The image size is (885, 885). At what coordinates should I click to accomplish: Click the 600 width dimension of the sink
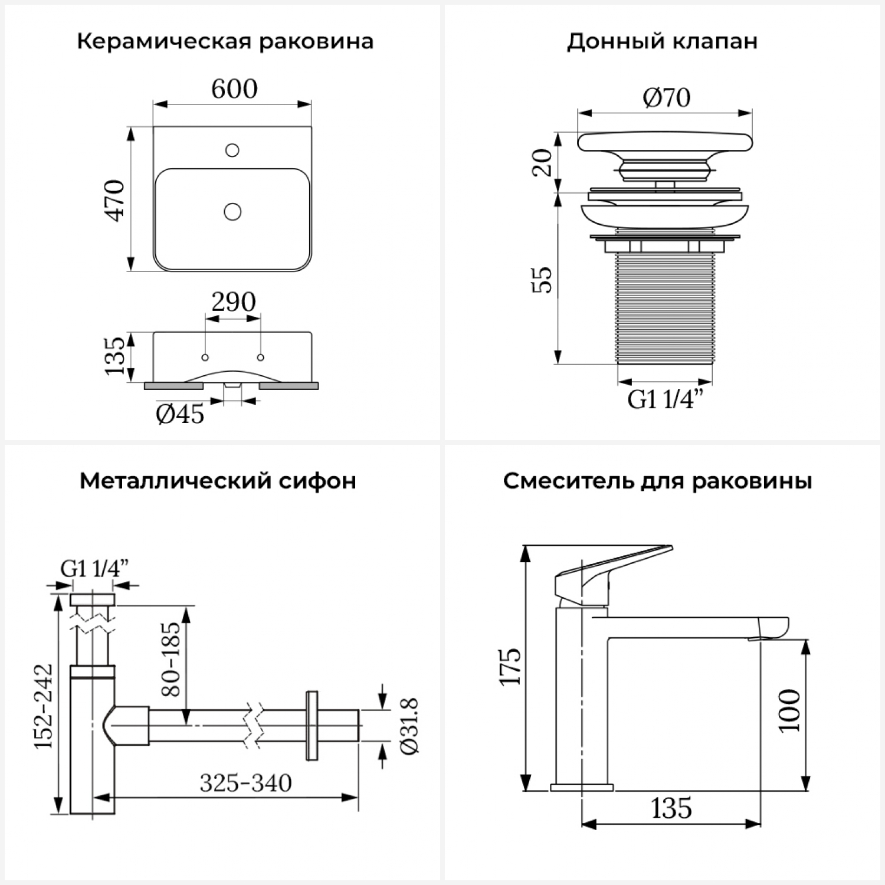pos(234,89)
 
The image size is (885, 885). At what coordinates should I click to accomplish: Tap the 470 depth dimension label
pos(116,200)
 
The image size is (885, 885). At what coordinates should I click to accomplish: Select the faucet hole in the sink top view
pos(232,150)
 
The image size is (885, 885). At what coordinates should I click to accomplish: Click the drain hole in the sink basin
pos(232,211)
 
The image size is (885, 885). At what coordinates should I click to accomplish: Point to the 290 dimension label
pos(234,302)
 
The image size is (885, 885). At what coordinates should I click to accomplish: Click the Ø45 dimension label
pos(180,414)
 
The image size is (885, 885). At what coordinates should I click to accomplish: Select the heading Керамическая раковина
pos(225,42)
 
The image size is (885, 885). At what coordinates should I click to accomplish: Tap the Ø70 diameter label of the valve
pos(666,97)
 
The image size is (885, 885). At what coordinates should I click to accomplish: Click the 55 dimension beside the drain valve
pos(543,280)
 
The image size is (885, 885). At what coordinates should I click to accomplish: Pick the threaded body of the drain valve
pos(665,307)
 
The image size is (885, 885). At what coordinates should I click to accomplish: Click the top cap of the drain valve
pos(665,142)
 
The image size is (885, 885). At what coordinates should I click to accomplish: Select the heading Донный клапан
pos(662,42)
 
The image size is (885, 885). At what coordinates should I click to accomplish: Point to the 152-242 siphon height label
pos(44,706)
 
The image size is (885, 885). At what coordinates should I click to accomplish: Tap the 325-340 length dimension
pos(245,783)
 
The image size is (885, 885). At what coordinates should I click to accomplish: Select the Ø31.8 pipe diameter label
pos(409,725)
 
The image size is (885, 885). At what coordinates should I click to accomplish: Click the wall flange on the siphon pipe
pos(312,725)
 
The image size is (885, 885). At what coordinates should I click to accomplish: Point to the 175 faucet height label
pos(510,666)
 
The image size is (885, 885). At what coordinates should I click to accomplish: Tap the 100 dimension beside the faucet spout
pos(789,710)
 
